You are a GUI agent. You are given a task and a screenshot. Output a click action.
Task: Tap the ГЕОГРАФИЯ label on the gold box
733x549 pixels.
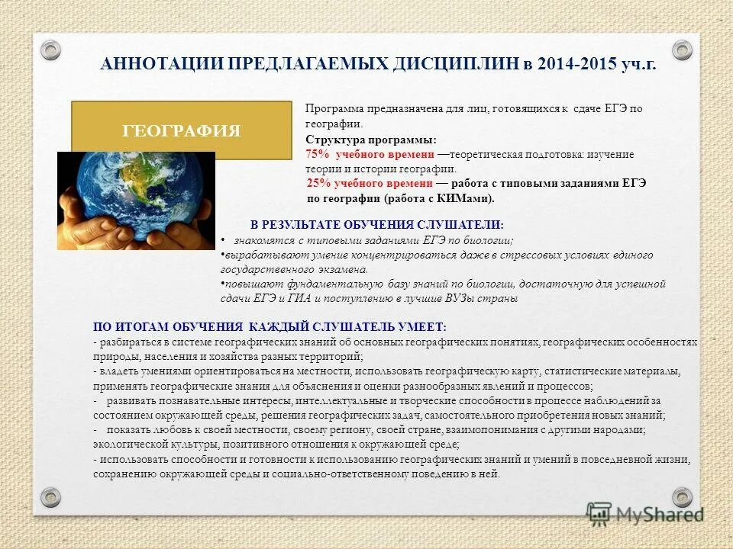[182, 130]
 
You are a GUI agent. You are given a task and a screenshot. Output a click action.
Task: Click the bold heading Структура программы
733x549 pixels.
[371, 140]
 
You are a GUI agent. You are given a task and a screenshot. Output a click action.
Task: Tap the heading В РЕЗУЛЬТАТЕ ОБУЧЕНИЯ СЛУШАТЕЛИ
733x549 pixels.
[377, 225]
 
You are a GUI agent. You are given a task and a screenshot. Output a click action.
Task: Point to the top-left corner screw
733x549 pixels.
[50, 50]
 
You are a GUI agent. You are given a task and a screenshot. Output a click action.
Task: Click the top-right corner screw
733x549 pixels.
[682, 50]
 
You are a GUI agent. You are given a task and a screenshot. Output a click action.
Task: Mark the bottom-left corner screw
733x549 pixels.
[50, 496]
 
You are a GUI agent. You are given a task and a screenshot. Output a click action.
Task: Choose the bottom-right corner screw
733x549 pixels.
[682, 496]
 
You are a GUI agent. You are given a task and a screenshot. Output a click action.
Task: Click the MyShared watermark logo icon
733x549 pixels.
[599, 512]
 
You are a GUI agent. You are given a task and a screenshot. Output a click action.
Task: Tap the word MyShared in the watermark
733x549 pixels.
[660, 514]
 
